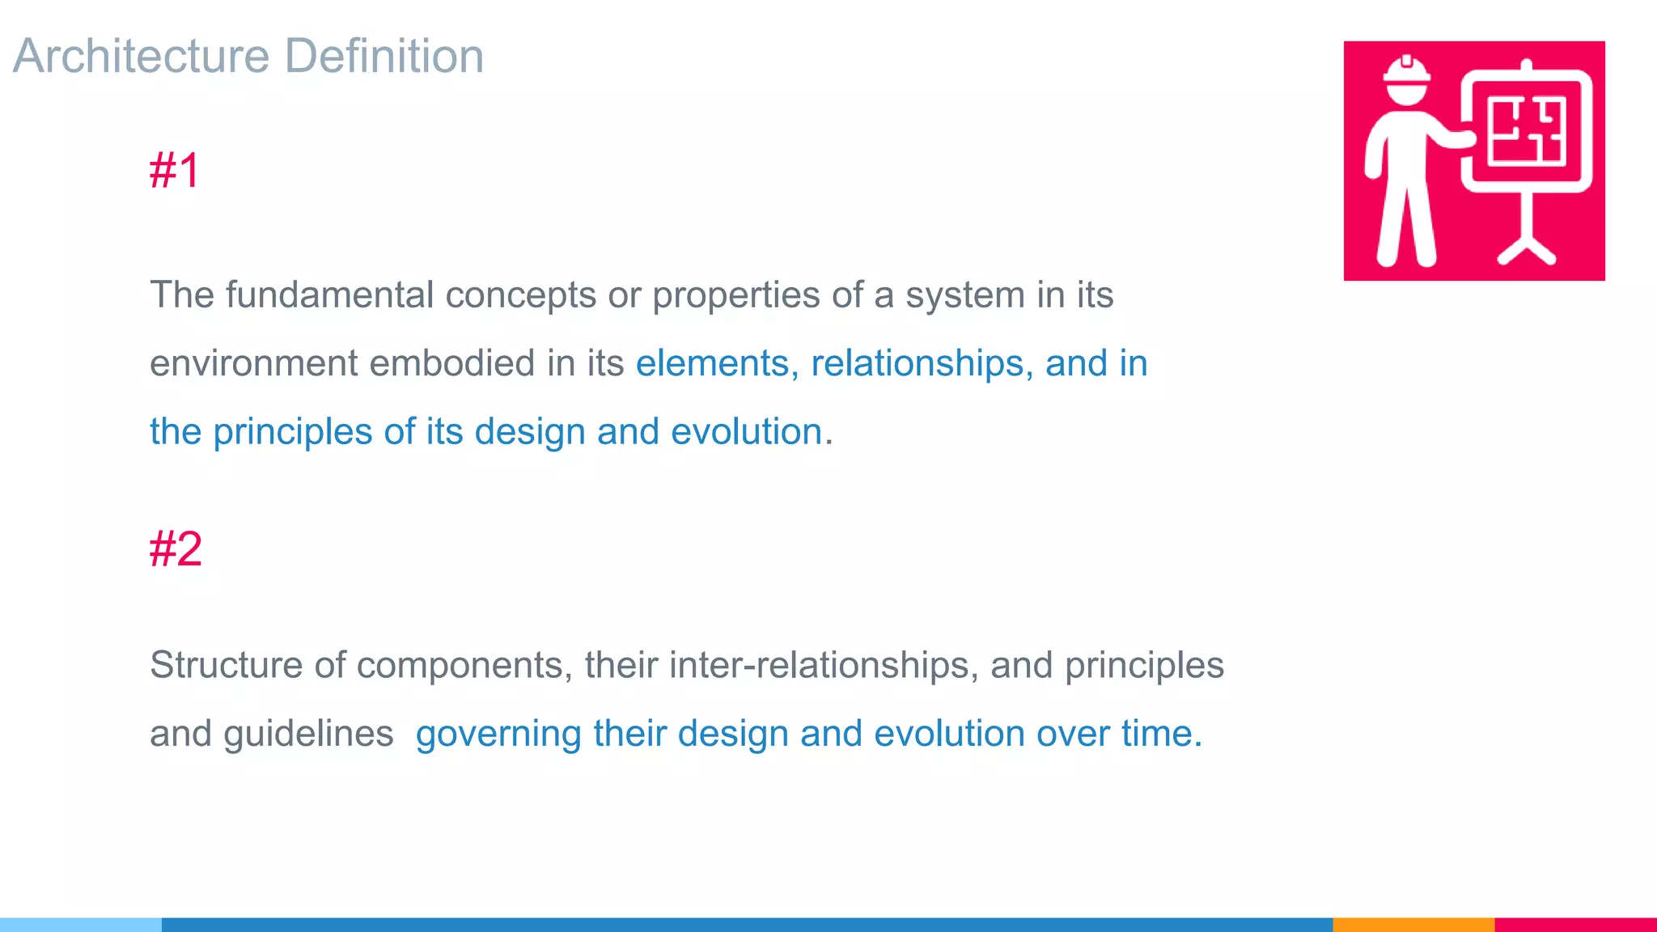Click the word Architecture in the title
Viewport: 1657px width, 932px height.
(x=142, y=56)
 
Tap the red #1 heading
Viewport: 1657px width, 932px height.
(x=174, y=171)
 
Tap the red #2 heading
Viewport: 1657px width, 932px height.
(x=176, y=549)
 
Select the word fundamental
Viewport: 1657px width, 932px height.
(x=330, y=294)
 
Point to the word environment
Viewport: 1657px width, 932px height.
(x=253, y=363)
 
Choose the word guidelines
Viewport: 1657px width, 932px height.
(x=308, y=734)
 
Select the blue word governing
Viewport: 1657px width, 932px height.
(x=498, y=735)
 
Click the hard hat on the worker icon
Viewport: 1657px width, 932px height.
(x=1406, y=72)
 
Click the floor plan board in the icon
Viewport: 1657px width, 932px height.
(x=1526, y=131)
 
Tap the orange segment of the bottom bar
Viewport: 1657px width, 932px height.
(x=1413, y=924)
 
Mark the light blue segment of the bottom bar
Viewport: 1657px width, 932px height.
(x=81, y=924)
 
